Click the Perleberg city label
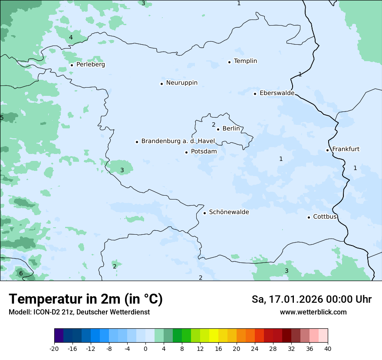(x=90, y=65)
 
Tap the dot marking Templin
(x=229, y=62)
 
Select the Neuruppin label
(x=181, y=83)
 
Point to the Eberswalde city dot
(x=255, y=94)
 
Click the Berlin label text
(x=231, y=129)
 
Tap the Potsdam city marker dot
(x=186, y=152)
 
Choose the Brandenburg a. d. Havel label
(x=178, y=141)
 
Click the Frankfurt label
(x=346, y=149)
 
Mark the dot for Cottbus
(x=309, y=217)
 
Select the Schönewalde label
(x=229, y=212)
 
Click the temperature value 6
(x=21, y=273)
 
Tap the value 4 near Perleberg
(x=71, y=38)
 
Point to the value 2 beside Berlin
(x=214, y=125)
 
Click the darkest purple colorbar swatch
(x=59, y=336)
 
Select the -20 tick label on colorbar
(x=54, y=348)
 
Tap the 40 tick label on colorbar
(x=328, y=348)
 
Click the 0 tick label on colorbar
(x=145, y=348)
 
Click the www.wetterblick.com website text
(x=313, y=312)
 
